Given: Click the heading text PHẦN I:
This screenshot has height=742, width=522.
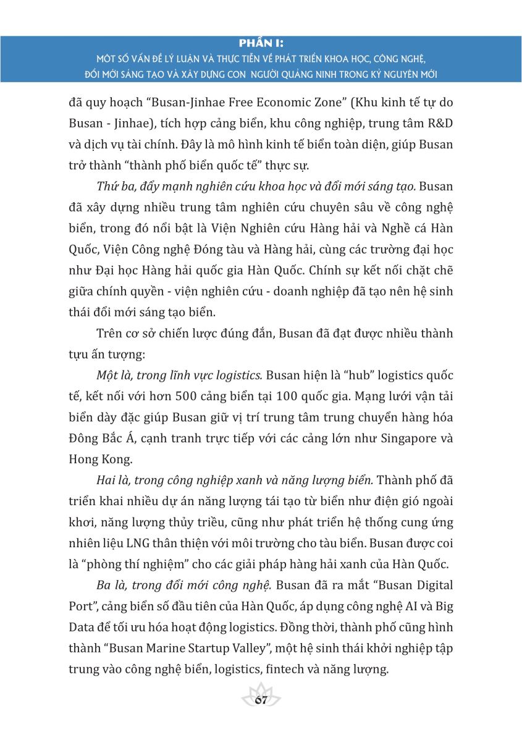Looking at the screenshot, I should point(260,43).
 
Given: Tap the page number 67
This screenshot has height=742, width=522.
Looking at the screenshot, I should point(260,700).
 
